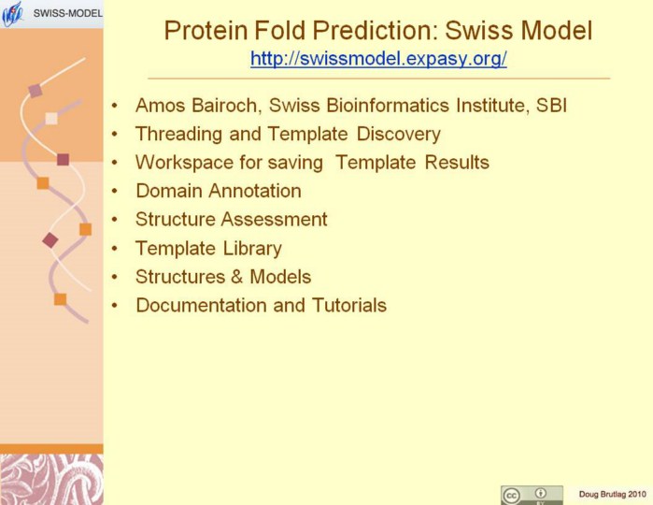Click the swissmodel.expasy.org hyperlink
[x=378, y=59]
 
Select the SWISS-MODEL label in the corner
[x=68, y=13]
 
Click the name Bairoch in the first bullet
[x=227, y=105]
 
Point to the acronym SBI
[x=551, y=105]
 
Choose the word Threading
[x=178, y=135]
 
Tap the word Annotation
[x=255, y=191]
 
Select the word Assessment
[x=276, y=220]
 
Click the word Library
[x=252, y=249]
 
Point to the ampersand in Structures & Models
[x=237, y=277]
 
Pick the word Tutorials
[x=349, y=305]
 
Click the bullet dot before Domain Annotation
[x=115, y=192]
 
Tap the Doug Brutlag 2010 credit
[x=613, y=495]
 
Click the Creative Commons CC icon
[x=511, y=496]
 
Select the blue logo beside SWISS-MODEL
[x=13, y=14]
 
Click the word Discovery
[x=399, y=135]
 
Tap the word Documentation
[x=201, y=305]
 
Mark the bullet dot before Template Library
[x=115, y=249]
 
